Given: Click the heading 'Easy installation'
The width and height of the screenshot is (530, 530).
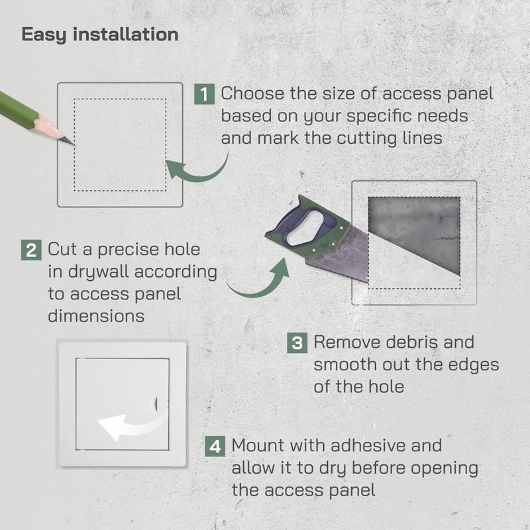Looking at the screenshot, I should (100, 34).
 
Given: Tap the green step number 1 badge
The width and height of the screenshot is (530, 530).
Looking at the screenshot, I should (205, 93).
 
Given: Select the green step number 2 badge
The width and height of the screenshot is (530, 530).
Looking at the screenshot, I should (31, 251).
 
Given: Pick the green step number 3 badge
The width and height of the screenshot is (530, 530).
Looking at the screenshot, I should (297, 343).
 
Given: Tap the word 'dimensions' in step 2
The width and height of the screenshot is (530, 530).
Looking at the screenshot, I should (96, 315).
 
